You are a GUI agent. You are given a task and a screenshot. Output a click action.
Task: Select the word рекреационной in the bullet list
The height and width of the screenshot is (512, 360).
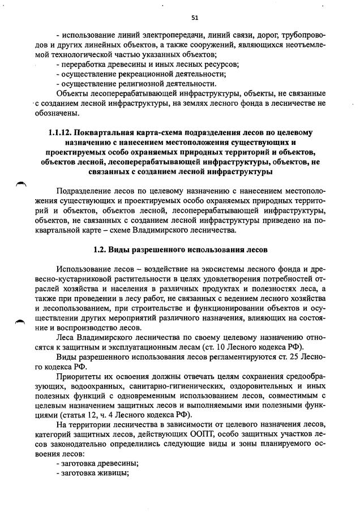145,74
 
